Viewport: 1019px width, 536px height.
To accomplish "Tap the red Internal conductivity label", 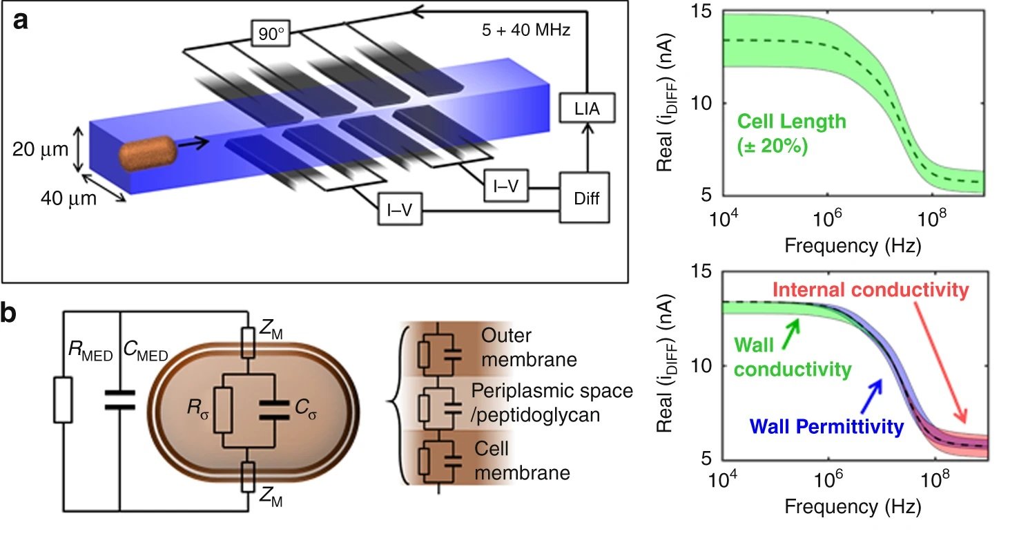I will tap(870, 290).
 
